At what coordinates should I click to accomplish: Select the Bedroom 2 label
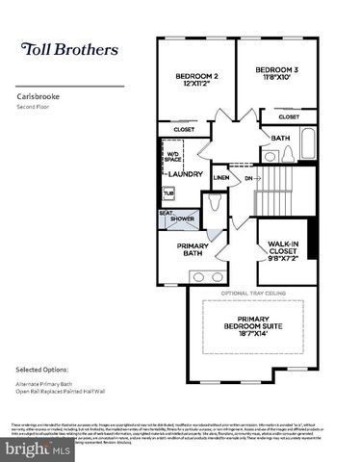[195, 80]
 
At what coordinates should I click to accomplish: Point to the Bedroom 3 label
[276, 74]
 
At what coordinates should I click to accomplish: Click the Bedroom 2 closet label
[184, 130]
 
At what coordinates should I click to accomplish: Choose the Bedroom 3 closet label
[289, 116]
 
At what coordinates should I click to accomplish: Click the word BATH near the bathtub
[280, 138]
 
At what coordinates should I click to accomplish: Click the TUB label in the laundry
[168, 193]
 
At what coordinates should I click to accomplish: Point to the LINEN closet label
[221, 178]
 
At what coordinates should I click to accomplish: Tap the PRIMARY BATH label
[193, 249]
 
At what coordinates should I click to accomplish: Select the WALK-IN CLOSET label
[286, 250]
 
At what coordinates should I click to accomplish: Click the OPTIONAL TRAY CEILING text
[255, 293]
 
